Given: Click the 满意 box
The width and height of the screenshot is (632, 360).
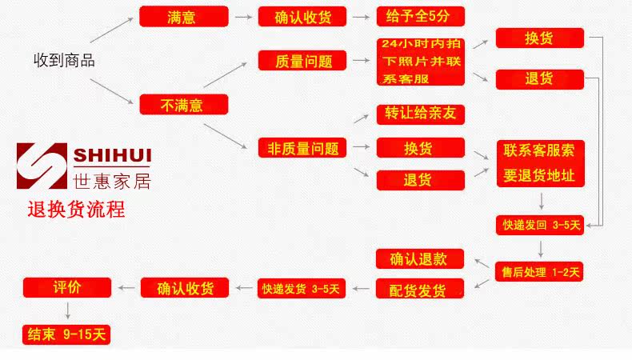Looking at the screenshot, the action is point(184,17).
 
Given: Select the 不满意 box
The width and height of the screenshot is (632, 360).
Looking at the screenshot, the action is point(184,105).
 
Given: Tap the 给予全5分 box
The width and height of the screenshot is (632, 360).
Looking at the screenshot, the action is point(420,17).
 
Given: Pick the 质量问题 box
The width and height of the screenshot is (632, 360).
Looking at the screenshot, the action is point(302,61).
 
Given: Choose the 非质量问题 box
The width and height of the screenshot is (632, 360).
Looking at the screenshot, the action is point(302,147).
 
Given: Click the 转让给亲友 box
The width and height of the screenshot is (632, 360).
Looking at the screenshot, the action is point(420,114).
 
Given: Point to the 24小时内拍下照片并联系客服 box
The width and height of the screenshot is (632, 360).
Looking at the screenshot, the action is point(420,62).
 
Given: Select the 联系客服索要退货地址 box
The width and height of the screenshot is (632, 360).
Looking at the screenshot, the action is point(541,164).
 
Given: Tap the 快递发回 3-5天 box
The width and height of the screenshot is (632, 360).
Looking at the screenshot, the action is point(540,225).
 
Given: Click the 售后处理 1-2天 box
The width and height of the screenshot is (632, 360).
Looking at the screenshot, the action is point(539,272).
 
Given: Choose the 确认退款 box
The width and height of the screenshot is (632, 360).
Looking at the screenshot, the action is point(419,259).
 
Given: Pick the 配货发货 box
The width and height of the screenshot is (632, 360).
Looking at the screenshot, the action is point(419,289).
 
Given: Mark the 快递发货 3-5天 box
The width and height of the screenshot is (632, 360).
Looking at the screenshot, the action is point(302,289).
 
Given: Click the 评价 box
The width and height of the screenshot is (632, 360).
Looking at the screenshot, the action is point(67,287).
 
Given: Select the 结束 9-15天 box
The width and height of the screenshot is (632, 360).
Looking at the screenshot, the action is point(66,334).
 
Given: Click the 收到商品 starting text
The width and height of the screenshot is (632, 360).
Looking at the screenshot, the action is point(65,61).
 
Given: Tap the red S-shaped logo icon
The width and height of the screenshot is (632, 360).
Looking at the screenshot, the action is point(42,166).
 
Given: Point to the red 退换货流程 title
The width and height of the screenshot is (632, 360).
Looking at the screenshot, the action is point(76,210).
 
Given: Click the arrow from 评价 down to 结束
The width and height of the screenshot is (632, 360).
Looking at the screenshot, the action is point(68,310).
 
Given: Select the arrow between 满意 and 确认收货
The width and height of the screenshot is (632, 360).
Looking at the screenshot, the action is point(243,17).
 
